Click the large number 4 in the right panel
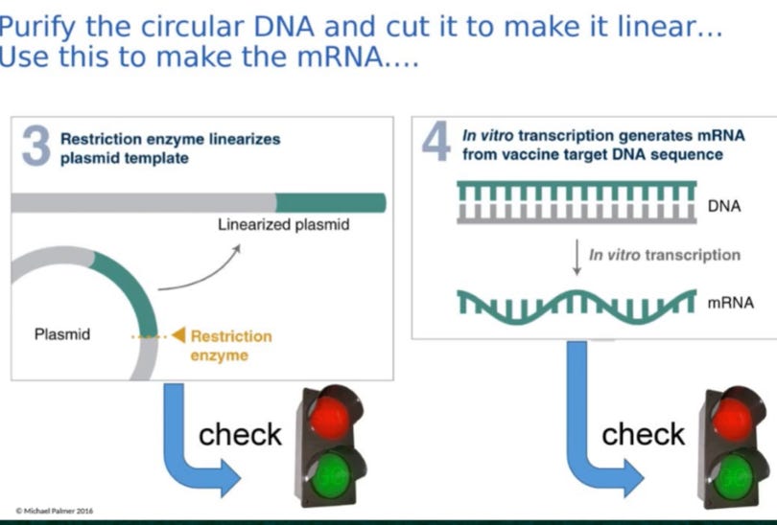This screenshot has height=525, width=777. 437,143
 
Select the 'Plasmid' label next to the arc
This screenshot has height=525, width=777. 62,334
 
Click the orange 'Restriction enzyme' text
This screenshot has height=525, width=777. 230,346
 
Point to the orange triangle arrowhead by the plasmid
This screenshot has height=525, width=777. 177,336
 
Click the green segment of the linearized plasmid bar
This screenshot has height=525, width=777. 330,202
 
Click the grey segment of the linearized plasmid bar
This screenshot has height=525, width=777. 144,202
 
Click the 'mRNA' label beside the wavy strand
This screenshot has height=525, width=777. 730,303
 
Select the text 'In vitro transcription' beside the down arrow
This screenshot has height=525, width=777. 664,255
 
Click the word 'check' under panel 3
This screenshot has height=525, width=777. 240,434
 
